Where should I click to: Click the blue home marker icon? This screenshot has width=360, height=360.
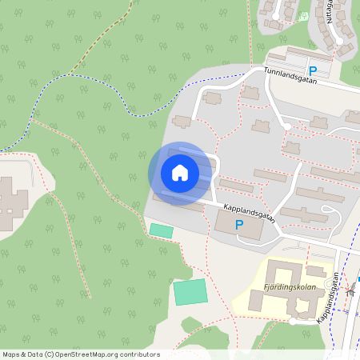tap(180, 173)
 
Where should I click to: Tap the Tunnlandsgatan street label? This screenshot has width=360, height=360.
tap(291, 71)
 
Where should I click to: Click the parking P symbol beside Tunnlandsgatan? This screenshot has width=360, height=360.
tap(313, 71)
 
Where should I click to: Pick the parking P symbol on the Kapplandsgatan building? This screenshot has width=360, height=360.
tap(238, 226)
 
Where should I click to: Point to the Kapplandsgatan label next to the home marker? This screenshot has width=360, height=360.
tap(249, 213)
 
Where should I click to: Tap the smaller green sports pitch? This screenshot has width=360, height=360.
tap(161, 230)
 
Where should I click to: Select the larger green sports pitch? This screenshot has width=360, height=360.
tap(190, 291)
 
